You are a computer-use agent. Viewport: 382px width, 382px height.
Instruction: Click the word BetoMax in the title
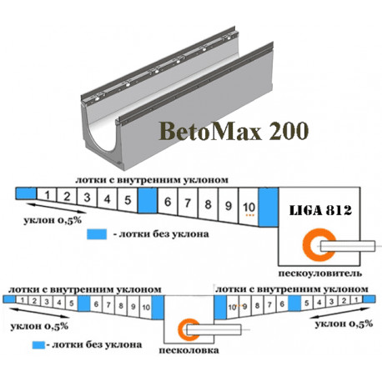210,131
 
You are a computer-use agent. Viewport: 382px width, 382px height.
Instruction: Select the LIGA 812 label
320,210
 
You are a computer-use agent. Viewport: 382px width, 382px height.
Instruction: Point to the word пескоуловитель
320,274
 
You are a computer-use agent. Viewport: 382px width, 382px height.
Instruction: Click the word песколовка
188,350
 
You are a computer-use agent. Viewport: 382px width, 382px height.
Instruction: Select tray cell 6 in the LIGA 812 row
168,203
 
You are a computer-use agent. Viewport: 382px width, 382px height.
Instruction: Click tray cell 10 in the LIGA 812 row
249,207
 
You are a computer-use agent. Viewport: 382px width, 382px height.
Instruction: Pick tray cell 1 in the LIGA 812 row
47,194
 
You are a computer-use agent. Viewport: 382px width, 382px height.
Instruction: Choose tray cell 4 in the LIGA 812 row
108,199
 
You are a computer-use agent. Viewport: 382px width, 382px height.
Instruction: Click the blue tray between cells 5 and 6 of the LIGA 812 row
148,201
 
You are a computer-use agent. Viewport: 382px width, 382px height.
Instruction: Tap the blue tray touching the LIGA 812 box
269,207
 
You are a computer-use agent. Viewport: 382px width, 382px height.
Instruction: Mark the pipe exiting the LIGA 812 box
348,246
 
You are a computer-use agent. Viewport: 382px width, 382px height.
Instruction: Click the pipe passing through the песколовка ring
214,329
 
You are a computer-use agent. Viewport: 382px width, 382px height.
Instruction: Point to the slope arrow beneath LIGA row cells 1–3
57,209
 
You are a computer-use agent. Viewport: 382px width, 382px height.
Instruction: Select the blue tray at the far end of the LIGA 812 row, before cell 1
26,193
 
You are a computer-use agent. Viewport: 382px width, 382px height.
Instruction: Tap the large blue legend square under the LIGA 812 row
97,234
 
